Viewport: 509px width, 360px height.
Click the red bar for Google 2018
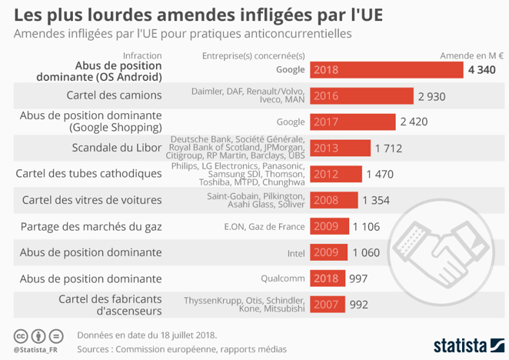[385, 70]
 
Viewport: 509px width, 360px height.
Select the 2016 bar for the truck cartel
[361, 96]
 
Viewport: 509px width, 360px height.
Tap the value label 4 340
[481, 70]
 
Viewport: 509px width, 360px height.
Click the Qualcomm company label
[286, 278]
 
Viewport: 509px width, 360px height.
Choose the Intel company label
[297, 252]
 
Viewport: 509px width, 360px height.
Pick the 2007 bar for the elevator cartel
[327, 305]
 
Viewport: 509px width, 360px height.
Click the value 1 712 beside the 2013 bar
[388, 148]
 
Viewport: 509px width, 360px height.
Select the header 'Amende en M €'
[471, 55]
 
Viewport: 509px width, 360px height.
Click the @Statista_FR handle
[35, 350]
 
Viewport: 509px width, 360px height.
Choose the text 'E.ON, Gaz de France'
[264, 226]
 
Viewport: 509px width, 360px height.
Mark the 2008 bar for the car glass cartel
[333, 200]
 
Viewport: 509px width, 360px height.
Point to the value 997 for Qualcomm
[359, 278]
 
